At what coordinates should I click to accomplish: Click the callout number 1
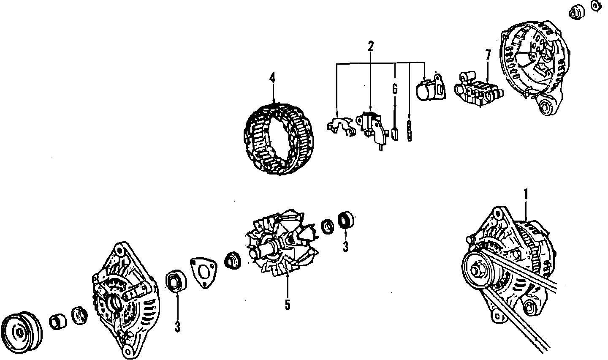tap(526, 194)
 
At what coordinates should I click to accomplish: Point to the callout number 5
tap(287, 305)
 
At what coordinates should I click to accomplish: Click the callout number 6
tap(395, 89)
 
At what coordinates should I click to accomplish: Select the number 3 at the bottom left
tap(177, 327)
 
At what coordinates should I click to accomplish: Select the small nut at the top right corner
tap(596, 5)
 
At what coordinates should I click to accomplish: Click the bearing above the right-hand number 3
tap(346, 220)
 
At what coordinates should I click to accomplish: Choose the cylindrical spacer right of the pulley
tap(57, 322)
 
